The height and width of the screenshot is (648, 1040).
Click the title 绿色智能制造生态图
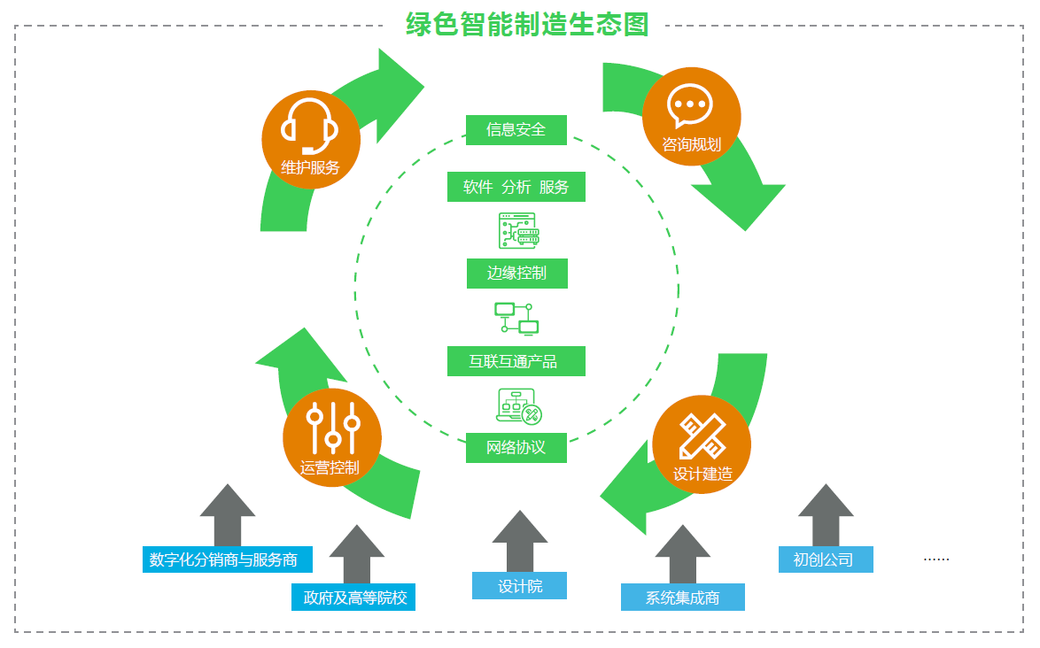click(x=527, y=24)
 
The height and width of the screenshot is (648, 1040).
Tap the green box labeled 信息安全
click(x=516, y=130)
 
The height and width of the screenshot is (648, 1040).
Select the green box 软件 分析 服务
click(x=516, y=187)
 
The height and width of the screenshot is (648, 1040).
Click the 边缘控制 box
click(x=516, y=274)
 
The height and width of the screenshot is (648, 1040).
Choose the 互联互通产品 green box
click(x=516, y=361)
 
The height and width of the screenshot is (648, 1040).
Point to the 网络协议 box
click(x=516, y=448)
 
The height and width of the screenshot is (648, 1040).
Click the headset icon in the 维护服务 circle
click(x=309, y=125)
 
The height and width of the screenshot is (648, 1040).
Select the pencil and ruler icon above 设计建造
click(x=702, y=436)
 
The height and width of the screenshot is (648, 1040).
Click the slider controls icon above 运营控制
click(x=332, y=427)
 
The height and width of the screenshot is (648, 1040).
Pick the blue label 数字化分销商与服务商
click(x=227, y=559)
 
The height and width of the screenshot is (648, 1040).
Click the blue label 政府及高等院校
click(x=353, y=598)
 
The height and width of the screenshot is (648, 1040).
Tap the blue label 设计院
click(x=519, y=586)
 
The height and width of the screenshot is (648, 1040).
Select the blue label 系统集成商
click(x=682, y=598)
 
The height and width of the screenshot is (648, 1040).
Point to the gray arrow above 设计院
click(x=520, y=540)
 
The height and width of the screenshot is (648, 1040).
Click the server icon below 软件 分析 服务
click(x=518, y=230)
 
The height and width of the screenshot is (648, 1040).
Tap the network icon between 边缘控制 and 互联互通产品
click(x=516, y=318)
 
